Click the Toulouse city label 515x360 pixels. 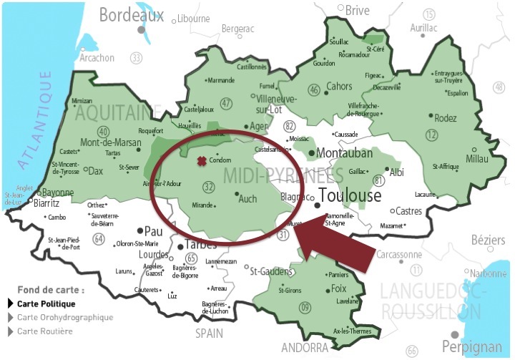pos(351,195)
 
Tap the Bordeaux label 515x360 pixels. pos(131,14)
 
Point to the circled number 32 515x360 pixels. pos(209,188)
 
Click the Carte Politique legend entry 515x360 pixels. pos(46,303)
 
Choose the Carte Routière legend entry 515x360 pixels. pos(45,331)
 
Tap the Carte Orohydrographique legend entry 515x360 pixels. pos(65,317)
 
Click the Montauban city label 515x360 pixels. pos(344,154)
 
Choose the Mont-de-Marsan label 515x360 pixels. pos(111,142)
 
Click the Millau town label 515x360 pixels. pos(476,158)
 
